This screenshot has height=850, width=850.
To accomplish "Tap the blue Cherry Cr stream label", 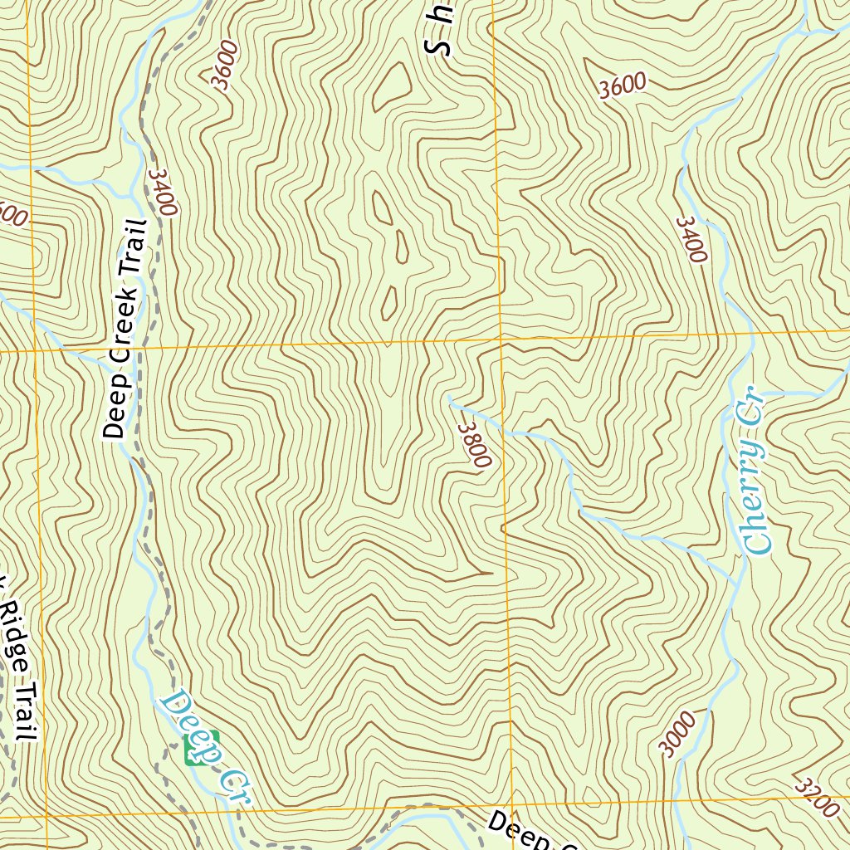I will tap(756, 471).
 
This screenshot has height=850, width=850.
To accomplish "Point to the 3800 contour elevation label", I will tap(474, 445).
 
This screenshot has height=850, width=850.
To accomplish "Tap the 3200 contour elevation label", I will tap(817, 796).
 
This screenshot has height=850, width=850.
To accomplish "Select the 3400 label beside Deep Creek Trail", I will tap(163, 192).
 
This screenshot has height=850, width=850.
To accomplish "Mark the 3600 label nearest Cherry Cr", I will tap(622, 85).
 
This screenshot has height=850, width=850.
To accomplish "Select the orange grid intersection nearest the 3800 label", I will tap(501, 340).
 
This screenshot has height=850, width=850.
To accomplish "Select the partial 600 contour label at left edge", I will tap(12, 217).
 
